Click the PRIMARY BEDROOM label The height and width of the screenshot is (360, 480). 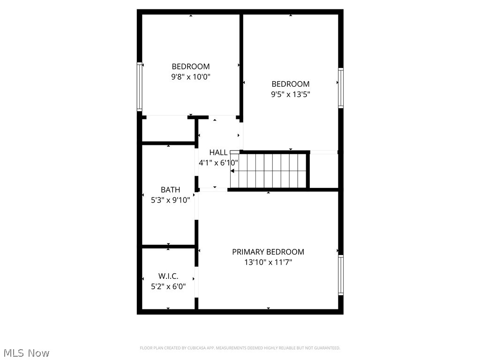coord(268,252)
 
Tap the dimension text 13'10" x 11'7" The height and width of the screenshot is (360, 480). coord(268,262)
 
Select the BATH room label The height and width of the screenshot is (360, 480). coord(170,190)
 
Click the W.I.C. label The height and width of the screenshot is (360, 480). coord(168,277)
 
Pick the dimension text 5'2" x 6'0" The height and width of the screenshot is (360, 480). coord(168,286)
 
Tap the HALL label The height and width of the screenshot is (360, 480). coord(218,152)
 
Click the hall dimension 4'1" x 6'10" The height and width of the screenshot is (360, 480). coord(218,163)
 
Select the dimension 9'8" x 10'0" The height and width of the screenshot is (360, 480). coord(190,77)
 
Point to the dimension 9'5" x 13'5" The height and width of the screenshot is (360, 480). coord(291,94)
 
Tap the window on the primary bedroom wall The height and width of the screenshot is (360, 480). coord(341,275)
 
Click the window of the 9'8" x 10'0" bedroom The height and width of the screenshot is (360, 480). coord(139,86)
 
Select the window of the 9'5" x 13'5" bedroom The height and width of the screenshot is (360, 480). coord(341,88)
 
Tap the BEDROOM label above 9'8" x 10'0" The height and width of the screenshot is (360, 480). coord(190,67)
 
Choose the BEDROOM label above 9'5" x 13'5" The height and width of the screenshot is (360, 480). coord(291,84)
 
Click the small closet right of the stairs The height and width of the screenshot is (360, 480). coord(324,171)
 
